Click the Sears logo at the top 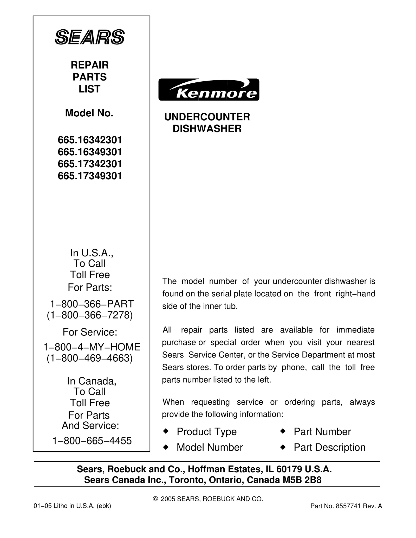(90, 37)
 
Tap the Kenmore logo (209, 90)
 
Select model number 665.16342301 (90, 140)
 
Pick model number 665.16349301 (90, 152)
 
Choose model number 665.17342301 (90, 164)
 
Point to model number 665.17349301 (90, 176)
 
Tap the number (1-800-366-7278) (90, 315)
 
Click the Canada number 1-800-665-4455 (92, 441)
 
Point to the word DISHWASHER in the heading (207, 129)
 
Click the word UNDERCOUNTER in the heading (207, 117)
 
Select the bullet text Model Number (210, 447)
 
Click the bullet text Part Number (322, 432)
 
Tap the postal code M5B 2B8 (302, 480)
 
